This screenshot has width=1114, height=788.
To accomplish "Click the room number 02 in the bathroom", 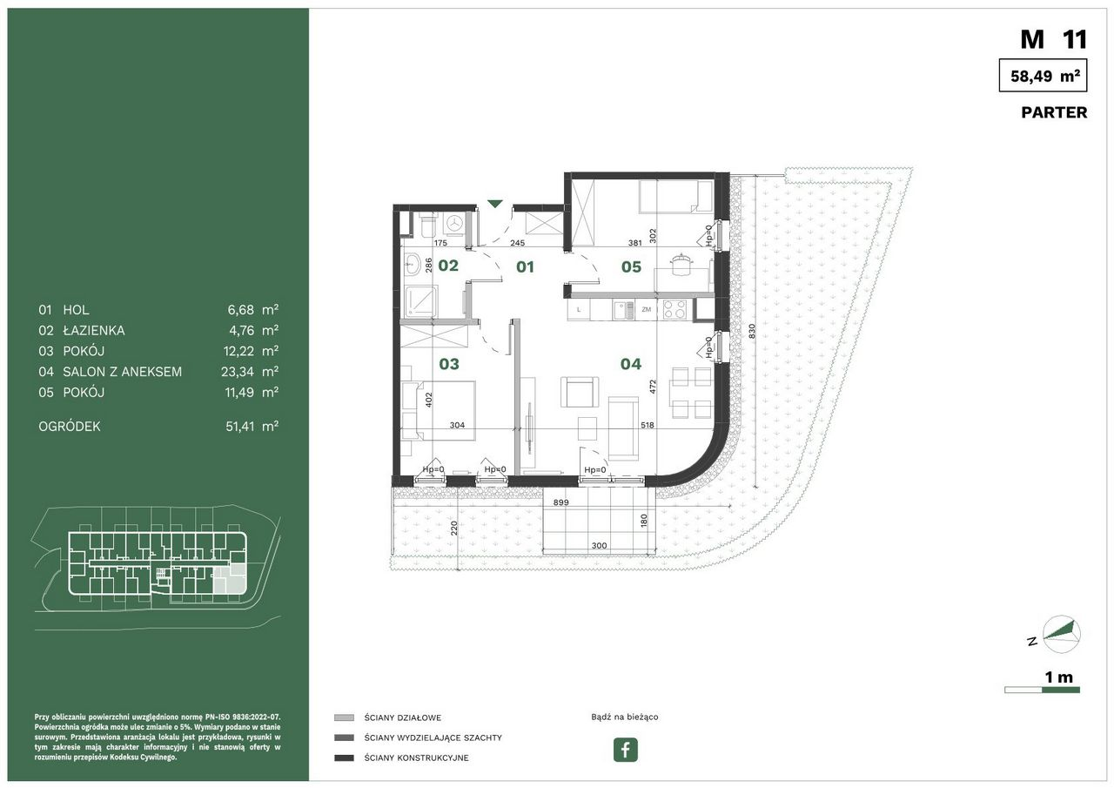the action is (448, 266).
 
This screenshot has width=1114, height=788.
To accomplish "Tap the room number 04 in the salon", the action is (631, 364).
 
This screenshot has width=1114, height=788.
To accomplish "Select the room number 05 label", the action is (631, 267).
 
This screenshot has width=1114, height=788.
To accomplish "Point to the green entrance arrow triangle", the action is (495, 204).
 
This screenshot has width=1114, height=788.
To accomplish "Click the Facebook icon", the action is (625, 749).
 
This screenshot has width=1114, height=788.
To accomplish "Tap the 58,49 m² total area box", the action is (1043, 75).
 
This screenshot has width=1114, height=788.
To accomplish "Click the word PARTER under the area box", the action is (1054, 112).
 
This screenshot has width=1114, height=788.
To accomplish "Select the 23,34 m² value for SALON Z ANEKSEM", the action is (250, 372).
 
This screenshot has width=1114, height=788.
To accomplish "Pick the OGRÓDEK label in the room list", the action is (69, 427).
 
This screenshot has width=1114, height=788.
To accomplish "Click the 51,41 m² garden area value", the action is (252, 427).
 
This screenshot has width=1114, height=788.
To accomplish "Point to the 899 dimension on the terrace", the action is (561, 502).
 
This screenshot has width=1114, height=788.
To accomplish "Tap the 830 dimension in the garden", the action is (752, 332).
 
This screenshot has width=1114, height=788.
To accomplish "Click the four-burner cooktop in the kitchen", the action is (674, 309).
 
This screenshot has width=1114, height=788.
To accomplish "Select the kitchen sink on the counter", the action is (623, 310).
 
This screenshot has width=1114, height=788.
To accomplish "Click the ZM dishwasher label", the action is (646, 309).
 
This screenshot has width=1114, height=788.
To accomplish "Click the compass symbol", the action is (1061, 634).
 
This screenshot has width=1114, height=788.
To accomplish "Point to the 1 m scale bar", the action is (1042, 690).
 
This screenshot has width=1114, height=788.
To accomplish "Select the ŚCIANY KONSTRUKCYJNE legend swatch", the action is (344, 758).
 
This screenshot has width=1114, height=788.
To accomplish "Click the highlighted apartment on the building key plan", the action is (230, 580).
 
